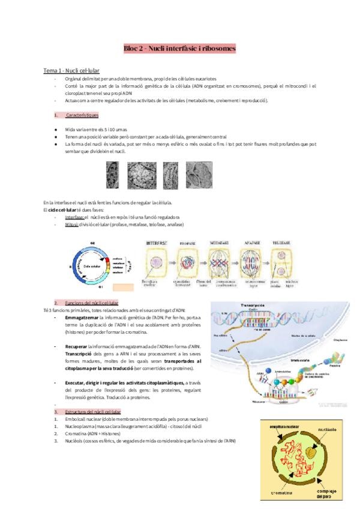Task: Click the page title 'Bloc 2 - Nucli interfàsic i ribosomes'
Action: pyautogui.click(x=179, y=47)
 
